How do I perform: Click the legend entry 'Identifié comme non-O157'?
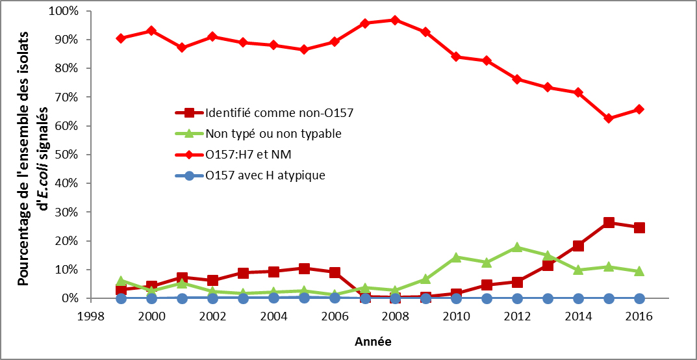click(279, 112)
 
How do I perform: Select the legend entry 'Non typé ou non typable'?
click(273, 133)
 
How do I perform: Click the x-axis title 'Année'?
click(373, 341)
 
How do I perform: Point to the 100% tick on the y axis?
click(62, 11)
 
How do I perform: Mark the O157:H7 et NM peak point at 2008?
click(396, 20)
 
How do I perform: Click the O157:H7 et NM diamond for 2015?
click(609, 118)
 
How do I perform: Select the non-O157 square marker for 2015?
click(609, 222)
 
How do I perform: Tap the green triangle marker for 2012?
click(517, 247)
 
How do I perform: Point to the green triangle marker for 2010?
click(456, 257)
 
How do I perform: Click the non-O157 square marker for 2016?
click(639, 227)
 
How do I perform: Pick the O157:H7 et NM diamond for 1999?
click(121, 38)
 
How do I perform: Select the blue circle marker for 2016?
click(639, 298)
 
